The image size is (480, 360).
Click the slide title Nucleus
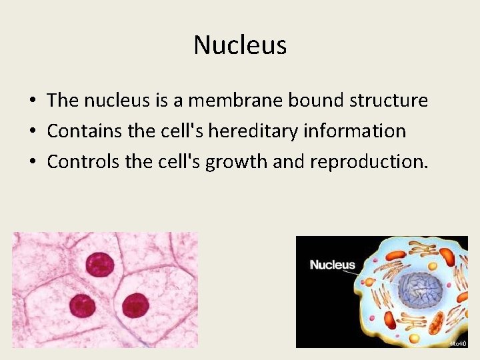(240, 45)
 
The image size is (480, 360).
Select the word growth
(236, 161)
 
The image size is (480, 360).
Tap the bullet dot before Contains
(32, 131)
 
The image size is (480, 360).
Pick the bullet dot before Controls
(32, 161)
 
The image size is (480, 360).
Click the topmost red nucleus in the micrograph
(99, 264)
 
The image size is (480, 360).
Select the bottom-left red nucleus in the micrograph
(82, 306)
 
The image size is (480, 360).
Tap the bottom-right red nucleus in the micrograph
(135, 305)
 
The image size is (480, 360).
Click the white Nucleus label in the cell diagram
(332, 265)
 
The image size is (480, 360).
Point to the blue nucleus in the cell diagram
(420, 290)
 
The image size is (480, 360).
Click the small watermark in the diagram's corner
(457, 343)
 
